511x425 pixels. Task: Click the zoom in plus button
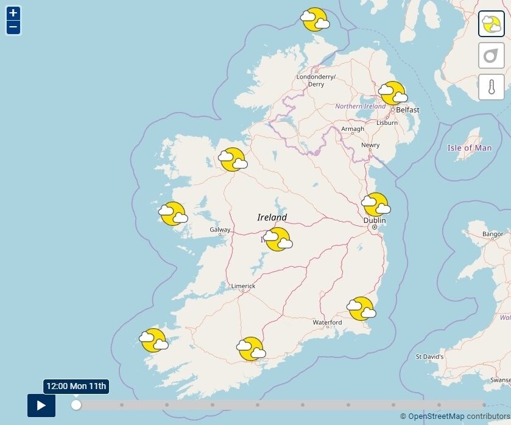pos(13,13)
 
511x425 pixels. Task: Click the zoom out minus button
pos(13,27)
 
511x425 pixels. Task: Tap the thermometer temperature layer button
pos(491,86)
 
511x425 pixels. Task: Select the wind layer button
pos(491,55)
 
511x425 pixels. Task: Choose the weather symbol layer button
pos(491,24)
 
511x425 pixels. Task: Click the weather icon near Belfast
pos(392,94)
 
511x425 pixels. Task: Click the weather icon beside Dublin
pos(375,205)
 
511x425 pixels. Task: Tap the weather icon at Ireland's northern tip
pos(315,20)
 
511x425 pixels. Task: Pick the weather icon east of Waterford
pos(361,308)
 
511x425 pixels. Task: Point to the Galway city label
pos(220,230)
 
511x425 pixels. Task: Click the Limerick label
pos(243,286)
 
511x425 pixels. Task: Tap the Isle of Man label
pos(469,148)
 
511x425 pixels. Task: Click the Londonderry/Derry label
pos(315,80)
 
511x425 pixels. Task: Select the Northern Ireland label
pos(360,107)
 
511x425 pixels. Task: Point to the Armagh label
pos(353,129)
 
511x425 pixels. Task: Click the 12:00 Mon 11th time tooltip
pos(76,386)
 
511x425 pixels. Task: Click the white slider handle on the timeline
pos(76,405)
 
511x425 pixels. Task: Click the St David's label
pos(429,356)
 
